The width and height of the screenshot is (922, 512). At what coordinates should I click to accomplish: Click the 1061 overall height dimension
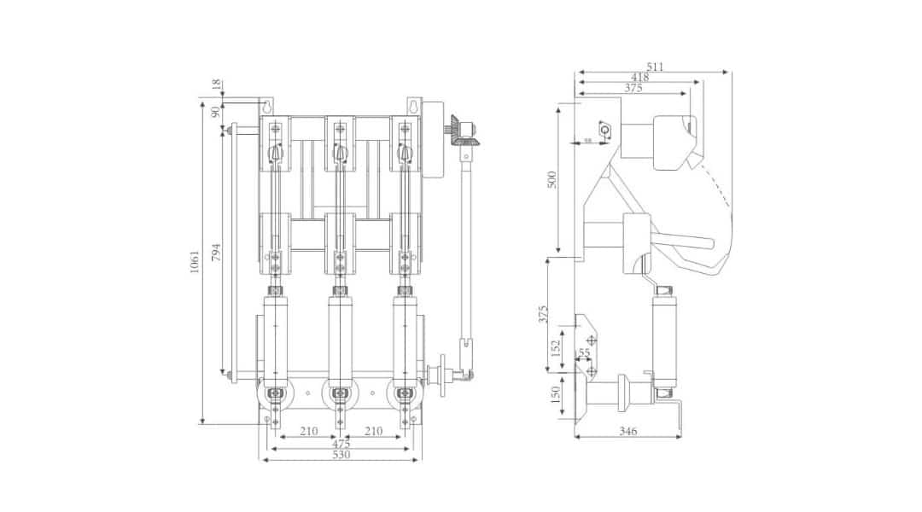click(x=195, y=261)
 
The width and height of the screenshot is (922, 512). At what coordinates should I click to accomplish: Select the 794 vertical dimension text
click(x=217, y=253)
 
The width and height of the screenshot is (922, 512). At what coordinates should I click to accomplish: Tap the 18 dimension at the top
click(x=216, y=85)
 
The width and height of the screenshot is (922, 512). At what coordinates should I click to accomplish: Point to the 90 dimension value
click(x=216, y=111)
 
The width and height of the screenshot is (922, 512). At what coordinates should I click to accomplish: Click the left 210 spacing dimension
click(x=309, y=432)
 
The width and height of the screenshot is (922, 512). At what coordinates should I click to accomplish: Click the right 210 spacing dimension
click(x=373, y=432)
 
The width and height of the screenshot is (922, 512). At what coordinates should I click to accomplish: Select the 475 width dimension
click(x=341, y=444)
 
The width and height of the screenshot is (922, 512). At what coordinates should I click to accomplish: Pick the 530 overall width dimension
click(x=341, y=456)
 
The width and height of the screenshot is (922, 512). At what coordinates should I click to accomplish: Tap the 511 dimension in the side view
click(x=655, y=67)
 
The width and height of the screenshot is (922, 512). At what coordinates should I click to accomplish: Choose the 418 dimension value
click(x=639, y=77)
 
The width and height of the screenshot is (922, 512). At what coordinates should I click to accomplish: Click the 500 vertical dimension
click(x=551, y=179)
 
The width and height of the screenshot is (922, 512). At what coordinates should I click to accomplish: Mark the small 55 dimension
click(x=584, y=352)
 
